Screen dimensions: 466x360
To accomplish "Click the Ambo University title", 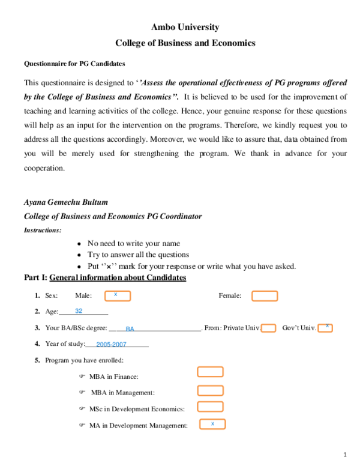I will [185, 27].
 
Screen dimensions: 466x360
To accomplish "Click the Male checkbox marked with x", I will [118, 295].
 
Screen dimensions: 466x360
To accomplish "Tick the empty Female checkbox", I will [265, 295].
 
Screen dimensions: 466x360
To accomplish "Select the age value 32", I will [79, 311].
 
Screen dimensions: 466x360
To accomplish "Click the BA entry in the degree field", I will [130, 328].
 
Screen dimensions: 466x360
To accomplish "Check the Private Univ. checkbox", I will [269, 328].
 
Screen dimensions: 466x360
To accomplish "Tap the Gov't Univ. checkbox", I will [325, 327].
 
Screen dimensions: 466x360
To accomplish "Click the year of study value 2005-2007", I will [111, 345].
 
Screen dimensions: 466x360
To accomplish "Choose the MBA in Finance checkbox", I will [210, 372].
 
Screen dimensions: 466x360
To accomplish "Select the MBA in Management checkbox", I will [210, 390].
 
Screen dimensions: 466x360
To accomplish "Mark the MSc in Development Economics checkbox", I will [210, 407].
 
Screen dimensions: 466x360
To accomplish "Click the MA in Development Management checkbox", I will [210, 424].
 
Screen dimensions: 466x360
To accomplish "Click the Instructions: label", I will [42, 230].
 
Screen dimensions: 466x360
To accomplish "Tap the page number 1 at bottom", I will [345, 454].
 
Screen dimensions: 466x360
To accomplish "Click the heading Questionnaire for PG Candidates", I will [74, 63].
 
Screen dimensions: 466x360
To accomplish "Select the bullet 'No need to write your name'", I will [133, 243].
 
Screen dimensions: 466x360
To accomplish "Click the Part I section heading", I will [104, 277].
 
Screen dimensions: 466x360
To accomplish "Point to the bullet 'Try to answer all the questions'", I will [138, 255].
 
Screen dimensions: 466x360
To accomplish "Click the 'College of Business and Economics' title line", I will [185, 43].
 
